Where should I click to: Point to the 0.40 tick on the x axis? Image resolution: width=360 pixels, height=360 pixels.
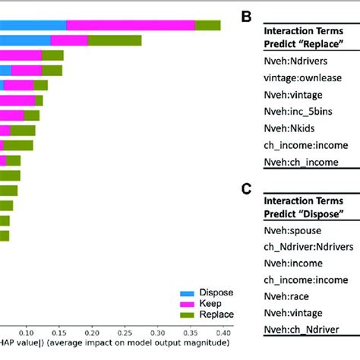pyautogui.click(x=223, y=332)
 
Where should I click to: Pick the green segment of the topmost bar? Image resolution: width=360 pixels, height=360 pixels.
pyautogui.click(x=207, y=25)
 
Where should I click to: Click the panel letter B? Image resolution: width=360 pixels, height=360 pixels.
pyautogui.click(x=246, y=14)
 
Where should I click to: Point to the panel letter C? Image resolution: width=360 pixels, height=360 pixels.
pyautogui.click(x=246, y=187)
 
